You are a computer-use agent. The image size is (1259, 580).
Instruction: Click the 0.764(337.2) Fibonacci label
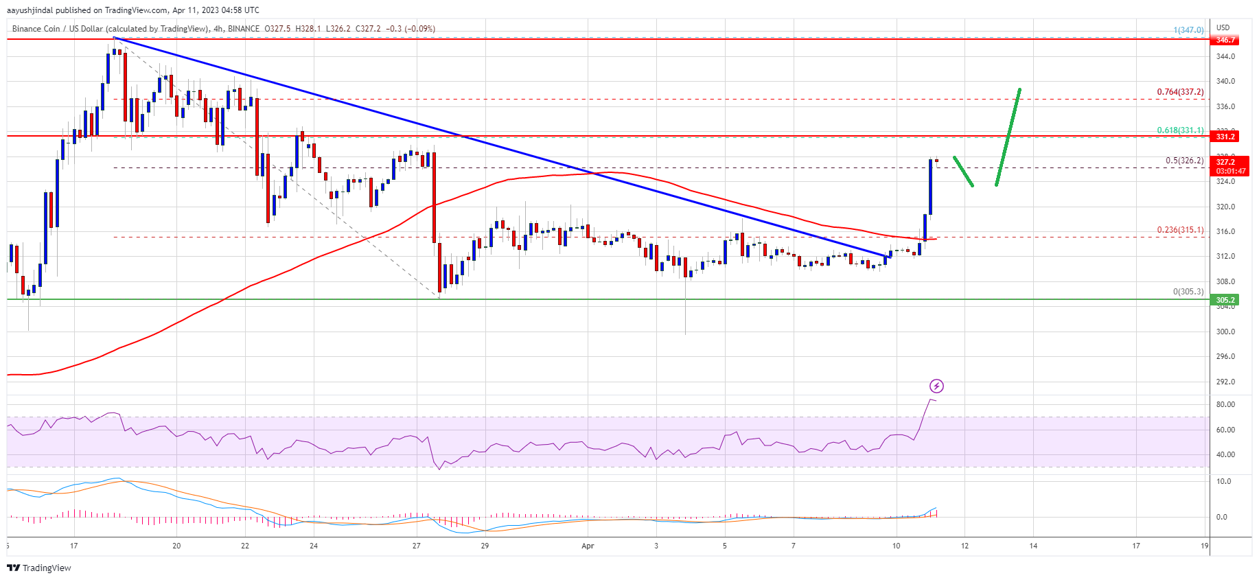[1179, 92]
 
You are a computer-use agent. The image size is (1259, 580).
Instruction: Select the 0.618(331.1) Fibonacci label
[1179, 130]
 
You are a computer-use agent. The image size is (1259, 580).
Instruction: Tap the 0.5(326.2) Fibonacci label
[1184, 161]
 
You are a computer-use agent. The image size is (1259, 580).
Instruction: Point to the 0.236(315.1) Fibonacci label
[1179, 230]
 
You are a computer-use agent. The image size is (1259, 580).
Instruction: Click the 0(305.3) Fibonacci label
[1188, 292]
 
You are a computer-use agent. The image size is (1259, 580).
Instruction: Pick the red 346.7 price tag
[1225, 40]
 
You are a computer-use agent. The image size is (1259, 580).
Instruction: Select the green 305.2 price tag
[1225, 300]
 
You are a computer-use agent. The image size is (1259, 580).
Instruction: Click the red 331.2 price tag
[1225, 137]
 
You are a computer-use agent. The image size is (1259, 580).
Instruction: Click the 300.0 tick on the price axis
[1225, 332]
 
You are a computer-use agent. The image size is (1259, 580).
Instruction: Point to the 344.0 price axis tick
[1225, 56]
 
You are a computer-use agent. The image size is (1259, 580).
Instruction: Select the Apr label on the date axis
[588, 546]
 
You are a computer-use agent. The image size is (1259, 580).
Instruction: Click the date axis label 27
[416, 546]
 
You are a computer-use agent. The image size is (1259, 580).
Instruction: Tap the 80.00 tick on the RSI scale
[1225, 405]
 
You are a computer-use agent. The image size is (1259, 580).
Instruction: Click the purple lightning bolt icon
[936, 386]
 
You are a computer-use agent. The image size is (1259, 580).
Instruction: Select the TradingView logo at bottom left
[39, 568]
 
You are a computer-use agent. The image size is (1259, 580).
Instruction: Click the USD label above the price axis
[1223, 28]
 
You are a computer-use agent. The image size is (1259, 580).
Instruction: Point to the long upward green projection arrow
[1008, 137]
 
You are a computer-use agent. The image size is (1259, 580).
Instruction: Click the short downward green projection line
[963, 172]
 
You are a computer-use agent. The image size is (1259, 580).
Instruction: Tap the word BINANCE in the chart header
[244, 29]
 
